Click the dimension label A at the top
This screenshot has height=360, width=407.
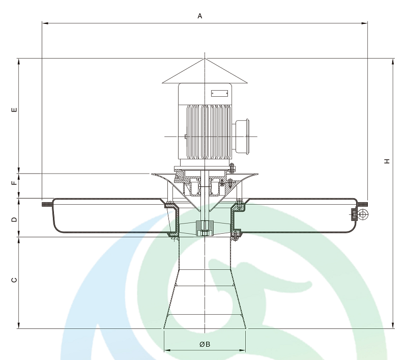(200, 16)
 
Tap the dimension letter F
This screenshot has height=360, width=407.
(14, 183)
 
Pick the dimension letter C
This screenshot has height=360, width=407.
(14, 280)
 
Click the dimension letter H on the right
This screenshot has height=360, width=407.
(387, 161)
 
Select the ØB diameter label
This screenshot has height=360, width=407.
(205, 344)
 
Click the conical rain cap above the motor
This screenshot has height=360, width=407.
(205, 73)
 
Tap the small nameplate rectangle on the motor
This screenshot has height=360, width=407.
(220, 93)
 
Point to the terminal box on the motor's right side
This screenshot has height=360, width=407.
(242, 136)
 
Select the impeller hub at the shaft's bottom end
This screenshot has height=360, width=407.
(205, 228)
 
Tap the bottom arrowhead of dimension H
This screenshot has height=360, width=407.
(393, 325)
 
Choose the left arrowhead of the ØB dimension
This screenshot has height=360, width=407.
(166, 350)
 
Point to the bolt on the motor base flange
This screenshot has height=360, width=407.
(230, 169)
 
